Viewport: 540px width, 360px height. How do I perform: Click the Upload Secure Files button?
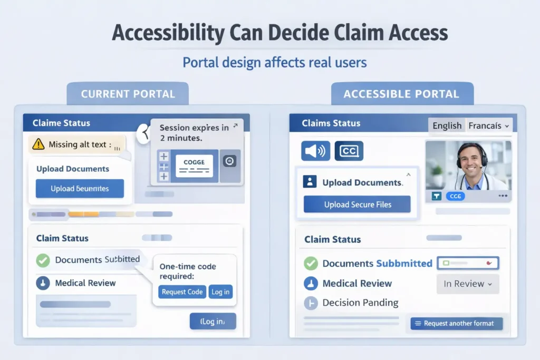(x=357, y=205)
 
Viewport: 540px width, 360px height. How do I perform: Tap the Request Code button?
(x=182, y=292)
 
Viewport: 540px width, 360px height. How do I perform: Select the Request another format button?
(x=456, y=323)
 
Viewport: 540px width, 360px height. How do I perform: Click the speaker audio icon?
(x=315, y=151)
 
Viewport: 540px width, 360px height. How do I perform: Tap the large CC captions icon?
(x=349, y=151)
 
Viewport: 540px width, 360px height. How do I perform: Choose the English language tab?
(x=447, y=125)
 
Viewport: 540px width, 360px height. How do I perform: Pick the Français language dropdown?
(x=488, y=125)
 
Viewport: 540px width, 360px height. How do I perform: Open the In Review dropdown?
(x=467, y=284)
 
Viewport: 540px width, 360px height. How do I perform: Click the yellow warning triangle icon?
(x=38, y=144)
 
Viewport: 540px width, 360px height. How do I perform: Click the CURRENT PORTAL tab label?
(x=128, y=94)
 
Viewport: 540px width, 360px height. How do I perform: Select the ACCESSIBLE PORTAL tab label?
(x=401, y=94)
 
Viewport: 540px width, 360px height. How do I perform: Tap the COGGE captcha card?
(x=194, y=165)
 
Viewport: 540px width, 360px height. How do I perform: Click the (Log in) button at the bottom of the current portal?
(x=213, y=321)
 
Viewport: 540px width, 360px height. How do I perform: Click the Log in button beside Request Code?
(x=220, y=292)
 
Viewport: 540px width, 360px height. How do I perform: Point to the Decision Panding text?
(x=360, y=303)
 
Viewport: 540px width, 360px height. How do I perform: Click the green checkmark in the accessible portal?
(x=311, y=264)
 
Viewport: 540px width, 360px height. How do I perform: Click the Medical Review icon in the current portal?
(x=43, y=283)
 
